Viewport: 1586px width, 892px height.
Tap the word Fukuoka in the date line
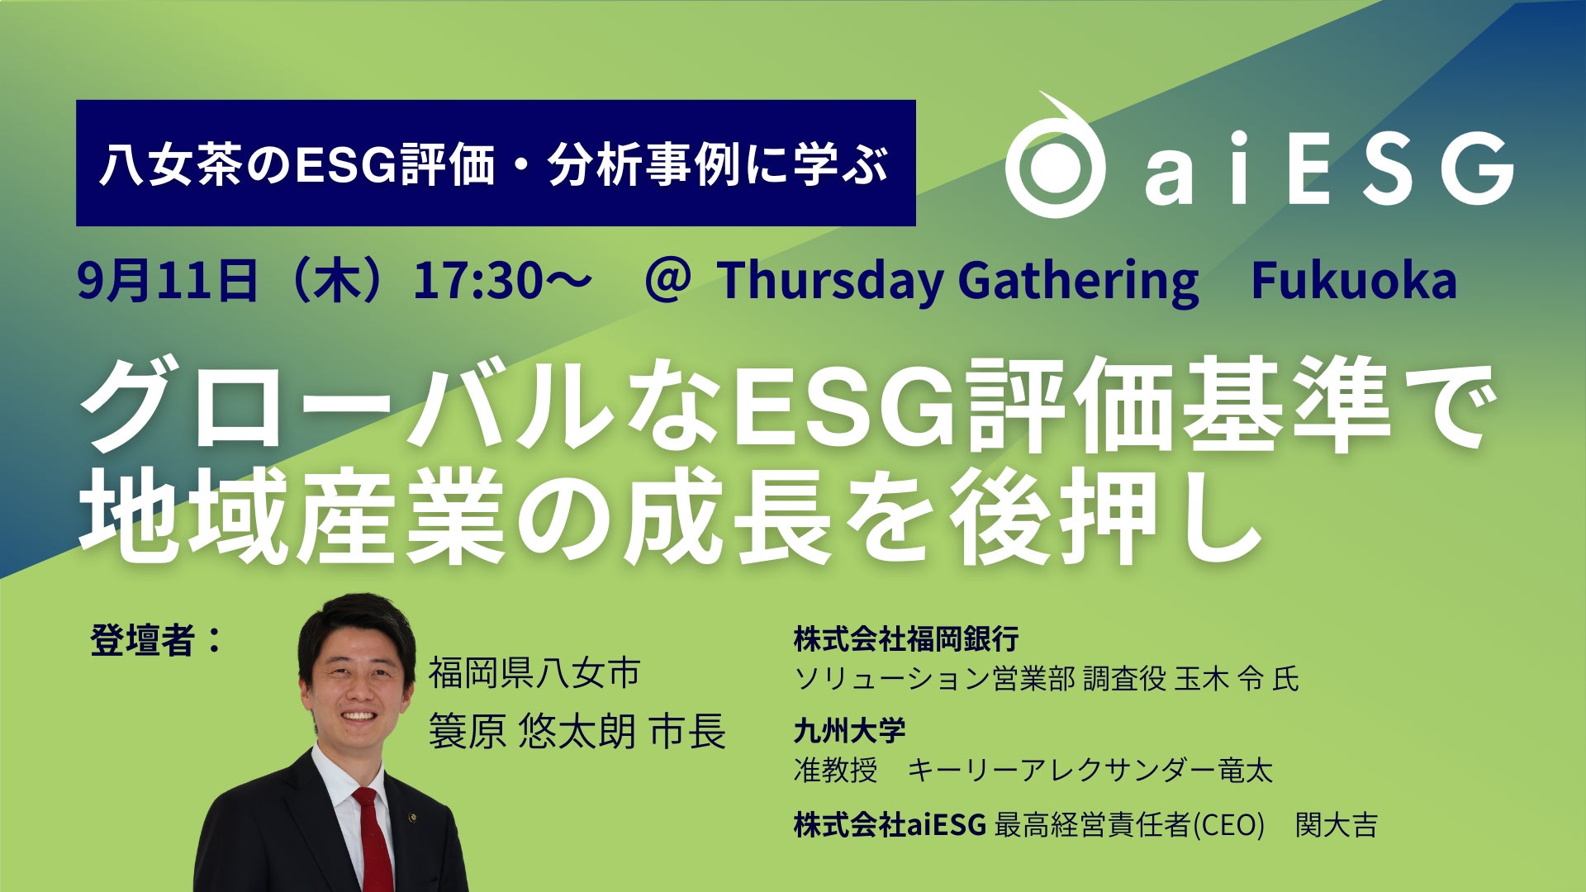click(x=1354, y=281)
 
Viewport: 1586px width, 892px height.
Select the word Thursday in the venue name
click(x=829, y=282)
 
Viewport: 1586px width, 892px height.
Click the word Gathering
click(x=1078, y=282)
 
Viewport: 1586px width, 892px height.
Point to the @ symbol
click(x=667, y=281)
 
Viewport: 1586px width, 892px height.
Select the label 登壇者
click(x=142, y=640)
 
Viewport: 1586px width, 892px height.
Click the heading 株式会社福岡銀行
click(x=906, y=638)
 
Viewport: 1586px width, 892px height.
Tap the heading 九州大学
click(x=849, y=730)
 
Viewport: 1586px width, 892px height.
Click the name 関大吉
click(x=1336, y=824)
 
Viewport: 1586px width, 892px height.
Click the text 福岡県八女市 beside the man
click(x=534, y=673)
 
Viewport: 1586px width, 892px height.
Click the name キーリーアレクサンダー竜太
click(x=1090, y=770)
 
